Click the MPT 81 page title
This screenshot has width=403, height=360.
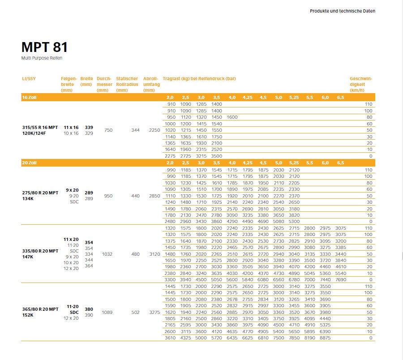44,48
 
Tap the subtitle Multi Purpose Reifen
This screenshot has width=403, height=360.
41,59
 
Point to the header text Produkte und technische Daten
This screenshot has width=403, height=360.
343,11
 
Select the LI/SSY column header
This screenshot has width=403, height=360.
29,79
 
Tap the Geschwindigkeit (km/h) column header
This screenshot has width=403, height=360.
361,84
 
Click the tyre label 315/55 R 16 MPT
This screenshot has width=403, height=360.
40,128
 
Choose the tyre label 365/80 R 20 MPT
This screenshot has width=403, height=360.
40,309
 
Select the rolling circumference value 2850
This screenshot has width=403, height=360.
154,196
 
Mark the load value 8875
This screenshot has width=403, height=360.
325,338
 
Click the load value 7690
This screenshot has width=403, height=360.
341,279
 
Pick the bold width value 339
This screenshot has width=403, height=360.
89,128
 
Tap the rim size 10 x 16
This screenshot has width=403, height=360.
71,133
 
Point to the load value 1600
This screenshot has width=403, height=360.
232,117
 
